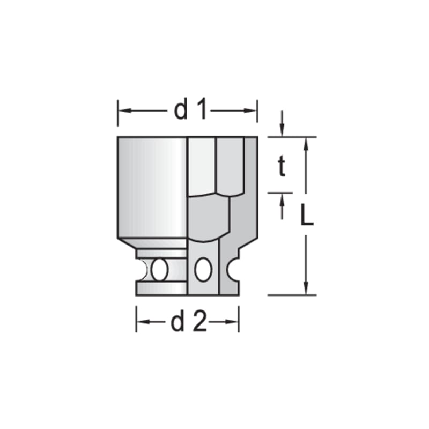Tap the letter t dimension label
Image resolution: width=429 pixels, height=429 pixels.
coord(281,168)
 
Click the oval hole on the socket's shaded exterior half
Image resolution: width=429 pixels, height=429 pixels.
coord(159,269)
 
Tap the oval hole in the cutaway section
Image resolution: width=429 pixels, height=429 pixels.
coord(202,269)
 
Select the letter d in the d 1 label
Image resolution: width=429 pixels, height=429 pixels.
coord(181,110)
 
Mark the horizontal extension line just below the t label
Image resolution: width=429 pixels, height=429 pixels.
coord(280,192)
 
